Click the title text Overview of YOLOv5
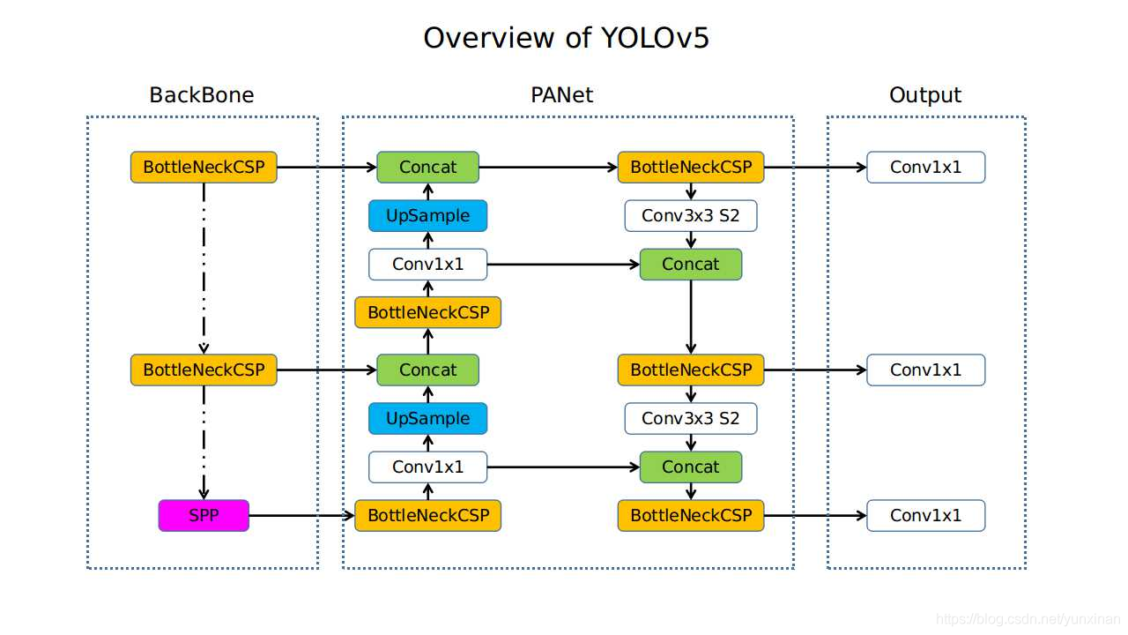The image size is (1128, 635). [566, 38]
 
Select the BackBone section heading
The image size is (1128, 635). [202, 95]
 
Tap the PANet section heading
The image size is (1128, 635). [562, 95]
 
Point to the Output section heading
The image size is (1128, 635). [925, 95]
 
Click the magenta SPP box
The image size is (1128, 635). [204, 516]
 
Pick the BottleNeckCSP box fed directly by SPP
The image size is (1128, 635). [427, 516]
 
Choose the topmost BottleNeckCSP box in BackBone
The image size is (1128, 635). [204, 168]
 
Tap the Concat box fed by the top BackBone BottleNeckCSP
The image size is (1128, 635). [427, 168]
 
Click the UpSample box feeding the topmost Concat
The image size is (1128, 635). [427, 216]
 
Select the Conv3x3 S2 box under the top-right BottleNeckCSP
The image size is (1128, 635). [691, 216]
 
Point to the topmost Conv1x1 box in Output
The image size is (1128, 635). [925, 168]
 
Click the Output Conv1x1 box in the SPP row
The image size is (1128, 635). [925, 516]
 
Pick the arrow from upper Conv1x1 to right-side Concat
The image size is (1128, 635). [564, 265]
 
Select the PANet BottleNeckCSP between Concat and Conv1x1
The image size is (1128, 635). [427, 313]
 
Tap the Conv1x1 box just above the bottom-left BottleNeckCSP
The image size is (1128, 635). [427, 467]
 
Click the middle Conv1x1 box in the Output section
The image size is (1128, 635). [925, 370]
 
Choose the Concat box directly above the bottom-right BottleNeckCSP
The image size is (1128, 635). [691, 467]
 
